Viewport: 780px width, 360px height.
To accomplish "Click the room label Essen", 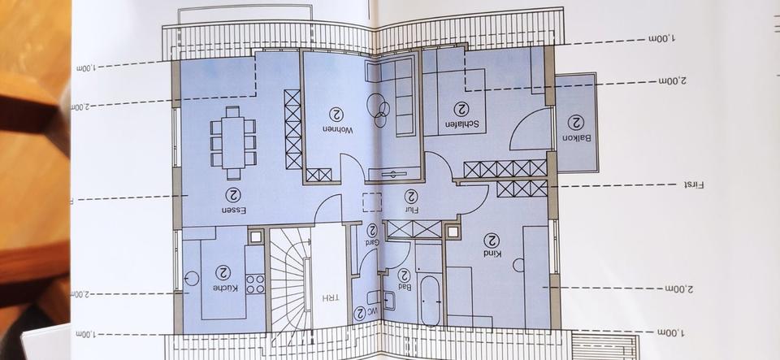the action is [x=234, y=210].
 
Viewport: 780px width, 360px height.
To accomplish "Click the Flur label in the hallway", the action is [x=411, y=209].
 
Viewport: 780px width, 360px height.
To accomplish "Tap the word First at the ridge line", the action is [x=692, y=185].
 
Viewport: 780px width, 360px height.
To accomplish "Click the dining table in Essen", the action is [x=233, y=143].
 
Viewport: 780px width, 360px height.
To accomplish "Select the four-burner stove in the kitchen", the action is [x=255, y=284].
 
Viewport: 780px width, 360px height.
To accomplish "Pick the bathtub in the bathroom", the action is [x=430, y=301].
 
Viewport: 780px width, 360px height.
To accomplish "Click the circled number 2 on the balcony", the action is [x=574, y=122].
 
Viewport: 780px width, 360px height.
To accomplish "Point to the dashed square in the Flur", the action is [x=372, y=203].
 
